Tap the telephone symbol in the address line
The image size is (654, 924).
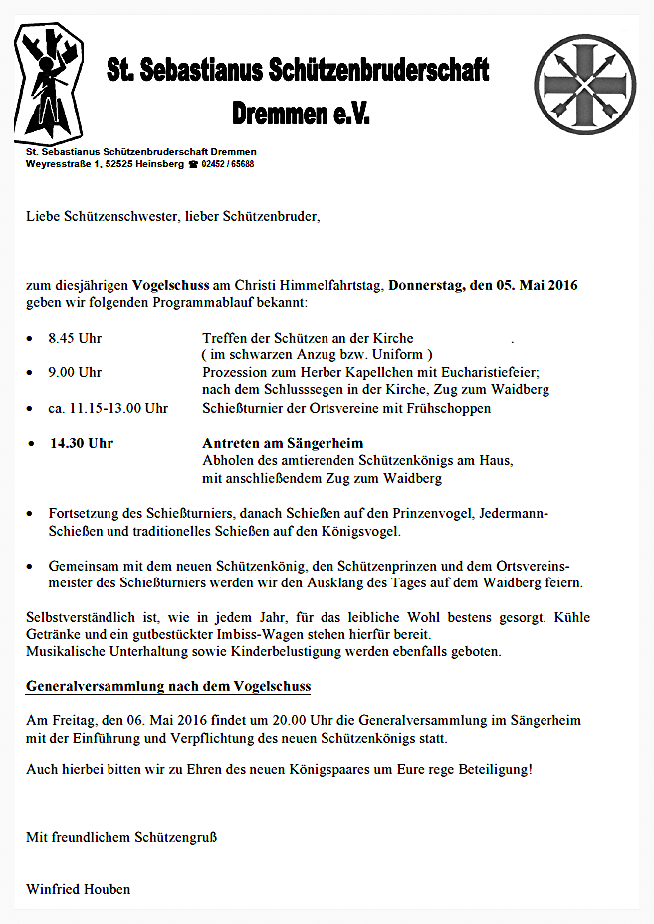pyautogui.click(x=193, y=164)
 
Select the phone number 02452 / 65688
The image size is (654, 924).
pyautogui.click(x=227, y=164)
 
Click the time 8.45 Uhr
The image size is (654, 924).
pyautogui.click(x=75, y=339)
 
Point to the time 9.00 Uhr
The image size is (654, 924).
pyautogui.click(x=75, y=373)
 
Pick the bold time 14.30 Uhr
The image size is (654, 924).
pyautogui.click(x=82, y=443)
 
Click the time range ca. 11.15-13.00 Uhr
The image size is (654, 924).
pyautogui.click(x=108, y=408)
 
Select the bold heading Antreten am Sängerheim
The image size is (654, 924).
pyautogui.click(x=283, y=443)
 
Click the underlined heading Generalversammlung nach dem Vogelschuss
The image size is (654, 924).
pyautogui.click(x=168, y=687)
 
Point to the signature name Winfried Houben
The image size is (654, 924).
pyautogui.click(x=78, y=889)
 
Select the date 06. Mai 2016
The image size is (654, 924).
pyautogui.click(x=159, y=720)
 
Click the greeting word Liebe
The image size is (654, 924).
pyautogui.click(x=44, y=215)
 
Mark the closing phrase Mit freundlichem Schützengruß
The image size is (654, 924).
pyautogui.click(x=121, y=837)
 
